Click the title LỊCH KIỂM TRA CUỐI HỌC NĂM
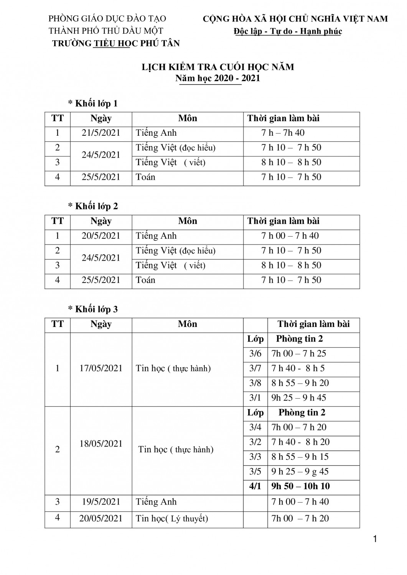218,67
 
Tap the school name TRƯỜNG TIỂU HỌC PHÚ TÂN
116,43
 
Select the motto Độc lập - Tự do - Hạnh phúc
288,31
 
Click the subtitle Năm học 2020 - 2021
218,78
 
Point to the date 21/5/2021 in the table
101,133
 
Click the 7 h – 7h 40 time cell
283,133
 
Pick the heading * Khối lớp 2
93,206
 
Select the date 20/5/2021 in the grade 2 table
101,236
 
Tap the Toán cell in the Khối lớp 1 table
146,177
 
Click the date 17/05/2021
101,368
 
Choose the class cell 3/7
255,368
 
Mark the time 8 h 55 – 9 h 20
300,383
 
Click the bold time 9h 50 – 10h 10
300,486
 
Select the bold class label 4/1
255,486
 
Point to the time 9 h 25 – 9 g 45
300,472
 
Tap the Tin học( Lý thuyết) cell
172,519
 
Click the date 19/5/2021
101,502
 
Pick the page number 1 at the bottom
375,539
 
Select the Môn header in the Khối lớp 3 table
188,324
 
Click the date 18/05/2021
101,444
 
